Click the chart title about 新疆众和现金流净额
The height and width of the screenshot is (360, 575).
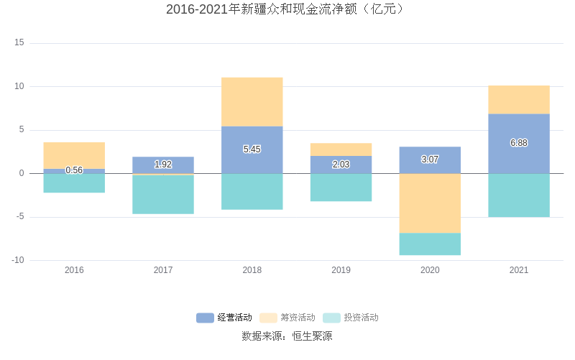287,9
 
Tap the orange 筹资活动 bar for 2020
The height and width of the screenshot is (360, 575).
430,203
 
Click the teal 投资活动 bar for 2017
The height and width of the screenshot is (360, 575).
163,195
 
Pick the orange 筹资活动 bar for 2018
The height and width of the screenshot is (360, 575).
252,102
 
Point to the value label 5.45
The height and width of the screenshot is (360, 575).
252,149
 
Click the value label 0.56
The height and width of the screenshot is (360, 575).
74,170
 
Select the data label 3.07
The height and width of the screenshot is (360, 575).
430,160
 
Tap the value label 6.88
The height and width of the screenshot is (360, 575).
519,143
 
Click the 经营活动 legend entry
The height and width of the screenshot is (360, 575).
225,318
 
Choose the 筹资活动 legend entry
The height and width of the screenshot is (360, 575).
288,318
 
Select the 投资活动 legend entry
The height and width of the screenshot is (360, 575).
351,318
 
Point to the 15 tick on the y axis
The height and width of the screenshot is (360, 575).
19,43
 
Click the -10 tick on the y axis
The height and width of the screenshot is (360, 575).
18,260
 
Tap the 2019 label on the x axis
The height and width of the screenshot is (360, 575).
341,270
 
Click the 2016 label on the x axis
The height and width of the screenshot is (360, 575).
74,270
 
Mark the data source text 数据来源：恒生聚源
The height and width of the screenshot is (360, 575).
287,336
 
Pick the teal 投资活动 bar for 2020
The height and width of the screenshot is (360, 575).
430,244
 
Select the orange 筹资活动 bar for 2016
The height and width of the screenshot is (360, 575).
74,155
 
